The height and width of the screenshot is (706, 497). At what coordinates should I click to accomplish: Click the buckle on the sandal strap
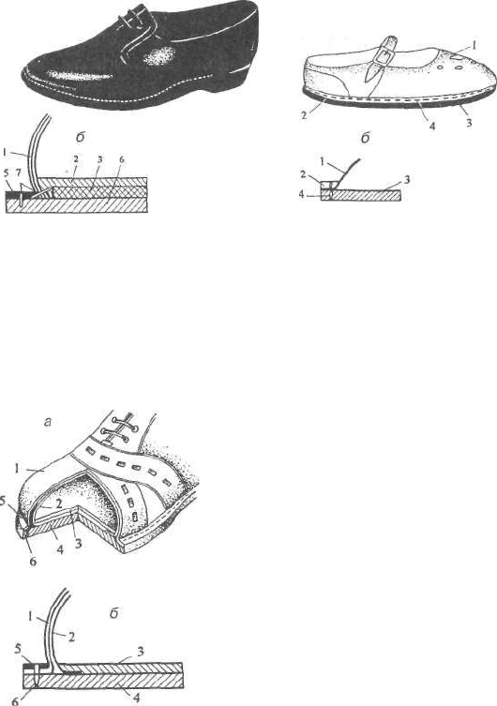tap(382, 56)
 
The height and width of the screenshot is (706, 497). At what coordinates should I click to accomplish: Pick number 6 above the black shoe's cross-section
tap(122, 159)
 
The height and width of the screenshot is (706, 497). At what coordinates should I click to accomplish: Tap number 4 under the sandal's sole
tap(432, 126)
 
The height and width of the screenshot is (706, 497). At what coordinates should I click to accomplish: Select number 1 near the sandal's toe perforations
tap(476, 45)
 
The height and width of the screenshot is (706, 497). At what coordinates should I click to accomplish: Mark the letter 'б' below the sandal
tap(365, 138)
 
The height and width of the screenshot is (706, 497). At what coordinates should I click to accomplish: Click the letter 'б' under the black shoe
tap(81, 137)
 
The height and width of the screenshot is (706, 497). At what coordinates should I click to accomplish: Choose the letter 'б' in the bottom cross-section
tap(113, 613)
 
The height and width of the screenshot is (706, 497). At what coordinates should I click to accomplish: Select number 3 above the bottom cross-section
tap(140, 652)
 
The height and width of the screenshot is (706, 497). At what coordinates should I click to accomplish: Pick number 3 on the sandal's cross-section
tap(407, 180)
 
